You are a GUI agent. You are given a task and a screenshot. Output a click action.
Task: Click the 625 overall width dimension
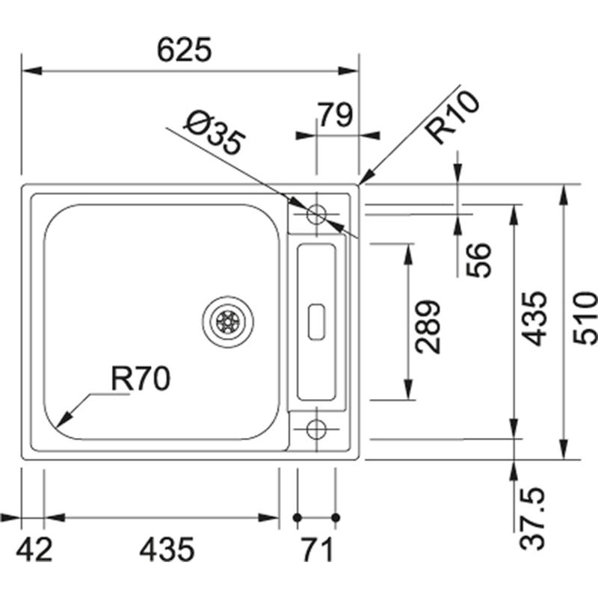(x=185, y=50)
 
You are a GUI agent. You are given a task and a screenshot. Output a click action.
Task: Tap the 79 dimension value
(x=336, y=115)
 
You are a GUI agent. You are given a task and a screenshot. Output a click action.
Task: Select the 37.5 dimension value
(x=535, y=518)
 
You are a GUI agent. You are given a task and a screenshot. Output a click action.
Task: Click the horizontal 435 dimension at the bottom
(x=167, y=549)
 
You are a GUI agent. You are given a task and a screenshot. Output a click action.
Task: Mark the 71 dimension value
(x=317, y=549)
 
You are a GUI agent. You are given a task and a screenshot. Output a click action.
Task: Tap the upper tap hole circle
(x=316, y=214)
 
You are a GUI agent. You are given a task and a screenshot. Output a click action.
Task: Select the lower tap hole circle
(x=316, y=429)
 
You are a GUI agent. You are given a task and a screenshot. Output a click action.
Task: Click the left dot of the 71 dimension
(x=298, y=517)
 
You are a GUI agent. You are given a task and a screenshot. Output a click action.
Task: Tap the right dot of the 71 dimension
(x=336, y=517)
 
